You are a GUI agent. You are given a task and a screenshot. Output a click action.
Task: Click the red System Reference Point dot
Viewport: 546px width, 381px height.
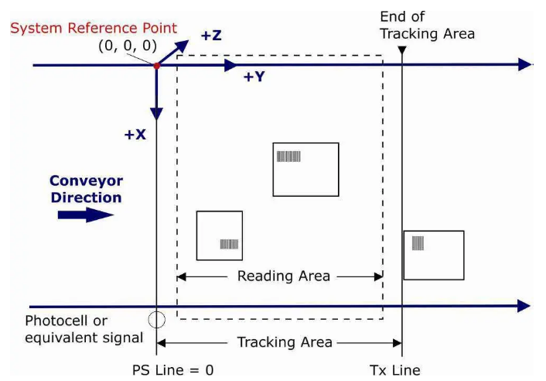click(x=157, y=66)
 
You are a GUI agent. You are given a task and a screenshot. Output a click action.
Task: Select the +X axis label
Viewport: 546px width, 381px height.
click(x=136, y=135)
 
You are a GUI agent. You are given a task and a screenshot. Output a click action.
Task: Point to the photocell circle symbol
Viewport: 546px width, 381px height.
click(x=157, y=318)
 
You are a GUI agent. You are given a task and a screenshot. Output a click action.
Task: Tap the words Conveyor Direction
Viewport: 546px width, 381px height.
click(x=87, y=188)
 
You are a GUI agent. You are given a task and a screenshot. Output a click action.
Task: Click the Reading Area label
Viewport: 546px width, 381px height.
click(x=283, y=276)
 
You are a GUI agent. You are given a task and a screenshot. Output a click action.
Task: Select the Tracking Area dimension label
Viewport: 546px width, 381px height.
click(x=285, y=342)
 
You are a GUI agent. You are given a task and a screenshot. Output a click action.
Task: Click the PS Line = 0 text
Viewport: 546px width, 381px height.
click(x=172, y=369)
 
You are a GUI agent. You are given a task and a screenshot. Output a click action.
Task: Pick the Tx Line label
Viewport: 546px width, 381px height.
click(x=396, y=369)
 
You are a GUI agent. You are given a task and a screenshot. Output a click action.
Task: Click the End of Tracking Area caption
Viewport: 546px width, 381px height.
click(x=427, y=25)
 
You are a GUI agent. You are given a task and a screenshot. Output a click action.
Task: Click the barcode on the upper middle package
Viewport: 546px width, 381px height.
click(x=288, y=156)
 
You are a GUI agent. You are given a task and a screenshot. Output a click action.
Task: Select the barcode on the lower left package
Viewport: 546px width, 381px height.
click(x=229, y=245)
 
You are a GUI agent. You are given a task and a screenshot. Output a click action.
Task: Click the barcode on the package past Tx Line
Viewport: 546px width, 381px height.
click(x=418, y=243)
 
